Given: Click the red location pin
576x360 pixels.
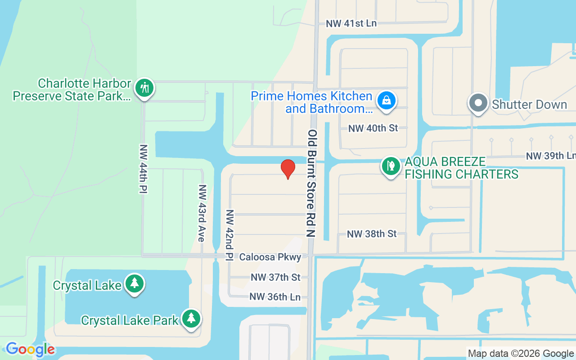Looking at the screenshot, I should point(288,169).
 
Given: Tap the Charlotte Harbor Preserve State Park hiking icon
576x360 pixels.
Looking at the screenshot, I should point(144,88).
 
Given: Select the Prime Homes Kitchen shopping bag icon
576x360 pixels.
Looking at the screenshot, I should point(386,100).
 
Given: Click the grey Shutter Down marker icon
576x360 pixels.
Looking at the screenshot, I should point(478,103).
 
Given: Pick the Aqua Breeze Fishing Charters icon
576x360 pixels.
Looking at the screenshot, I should point(391,166).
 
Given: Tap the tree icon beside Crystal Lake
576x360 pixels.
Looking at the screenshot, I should point(134,283).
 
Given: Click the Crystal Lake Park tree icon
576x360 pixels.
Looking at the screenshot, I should point(191,318).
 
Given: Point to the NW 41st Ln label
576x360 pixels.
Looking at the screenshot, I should point(351,23).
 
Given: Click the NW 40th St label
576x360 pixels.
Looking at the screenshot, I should point(373,128).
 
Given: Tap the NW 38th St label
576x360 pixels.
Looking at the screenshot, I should point(372,234).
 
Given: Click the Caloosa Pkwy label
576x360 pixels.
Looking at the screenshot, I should point(270,257).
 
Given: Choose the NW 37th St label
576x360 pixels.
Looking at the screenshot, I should point(275,277).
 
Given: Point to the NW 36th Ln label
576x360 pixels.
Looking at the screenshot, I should point(275,297).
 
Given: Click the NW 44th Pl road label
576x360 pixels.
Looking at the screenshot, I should point(144,169).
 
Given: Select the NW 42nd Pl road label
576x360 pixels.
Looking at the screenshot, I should point(229,235).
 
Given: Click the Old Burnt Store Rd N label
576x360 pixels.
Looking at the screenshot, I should point(312,183).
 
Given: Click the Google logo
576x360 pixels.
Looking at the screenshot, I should point(30,349).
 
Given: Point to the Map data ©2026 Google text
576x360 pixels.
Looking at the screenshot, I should point(521,354).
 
